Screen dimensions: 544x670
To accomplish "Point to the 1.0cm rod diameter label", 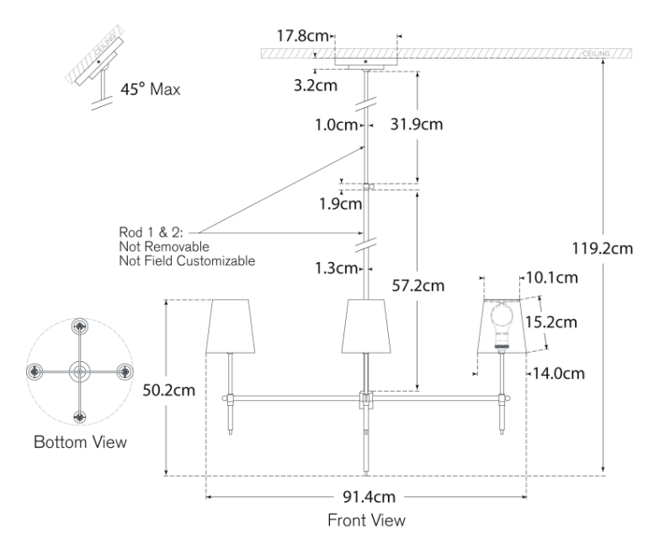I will tap(335, 125).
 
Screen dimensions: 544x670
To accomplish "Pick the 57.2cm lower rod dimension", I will tap(417, 285).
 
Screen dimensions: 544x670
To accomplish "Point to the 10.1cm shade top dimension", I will tap(551, 276).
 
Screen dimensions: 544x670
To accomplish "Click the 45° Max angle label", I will tap(150, 89).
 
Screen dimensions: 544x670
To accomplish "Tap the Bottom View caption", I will tap(79, 441).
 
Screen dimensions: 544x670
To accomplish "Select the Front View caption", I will tap(366, 520).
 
